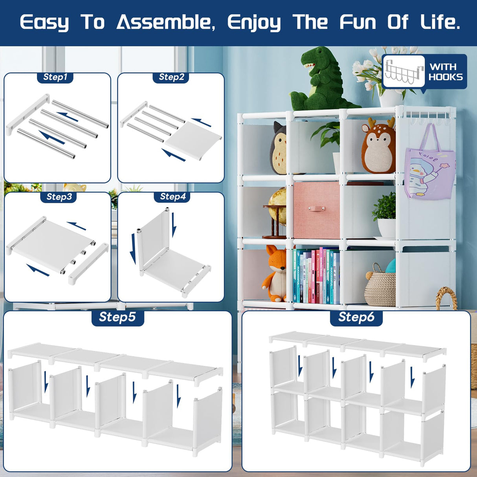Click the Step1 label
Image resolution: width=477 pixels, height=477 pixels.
coord(55,77)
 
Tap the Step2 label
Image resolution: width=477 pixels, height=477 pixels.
coord(171,77)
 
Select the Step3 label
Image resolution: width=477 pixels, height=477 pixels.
coord(59,197)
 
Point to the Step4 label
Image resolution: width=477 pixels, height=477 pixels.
coord(173,196)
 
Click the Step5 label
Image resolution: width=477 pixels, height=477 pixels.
coord(117,317)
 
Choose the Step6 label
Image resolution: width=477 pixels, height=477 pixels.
coord(356,317)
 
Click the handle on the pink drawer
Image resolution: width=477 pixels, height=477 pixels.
coord(316,209)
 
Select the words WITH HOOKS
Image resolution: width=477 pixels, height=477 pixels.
coord(446,72)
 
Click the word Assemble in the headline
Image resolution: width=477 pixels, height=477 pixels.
coord(166,22)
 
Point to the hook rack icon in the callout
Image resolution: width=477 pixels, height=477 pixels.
coord(404,71)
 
